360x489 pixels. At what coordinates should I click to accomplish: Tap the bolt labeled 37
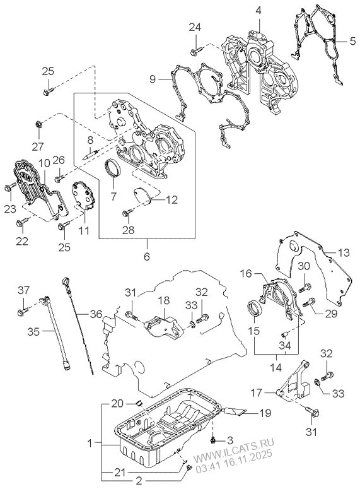[21, 310]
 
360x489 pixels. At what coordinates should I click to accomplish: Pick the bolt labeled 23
[9, 187]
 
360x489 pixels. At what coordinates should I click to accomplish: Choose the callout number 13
[342, 252]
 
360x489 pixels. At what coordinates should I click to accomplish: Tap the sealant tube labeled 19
[235, 413]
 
